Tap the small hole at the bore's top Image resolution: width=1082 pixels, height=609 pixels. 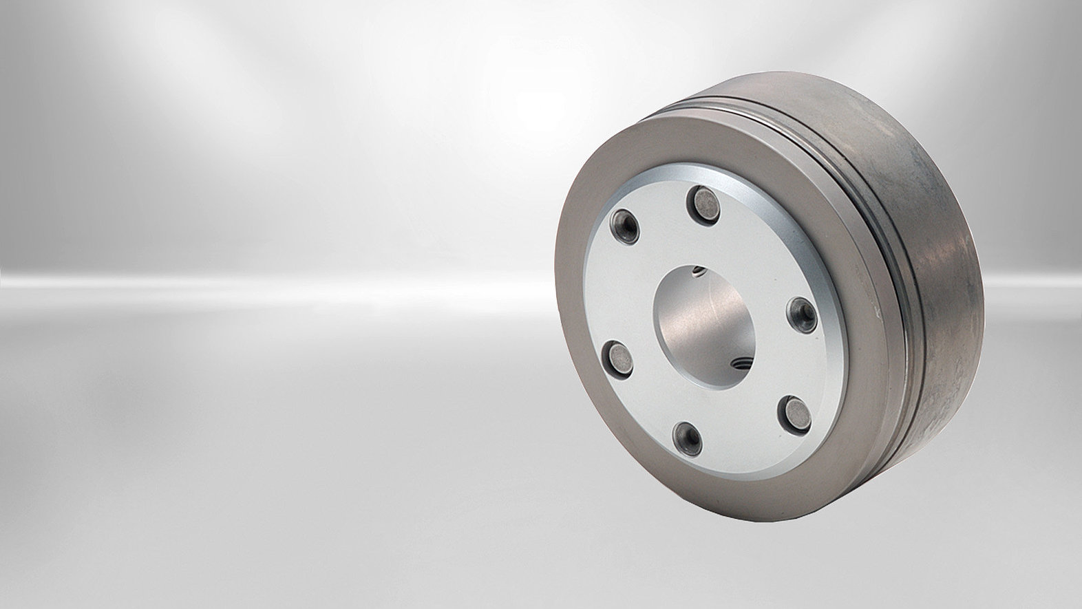coord(700,269)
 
